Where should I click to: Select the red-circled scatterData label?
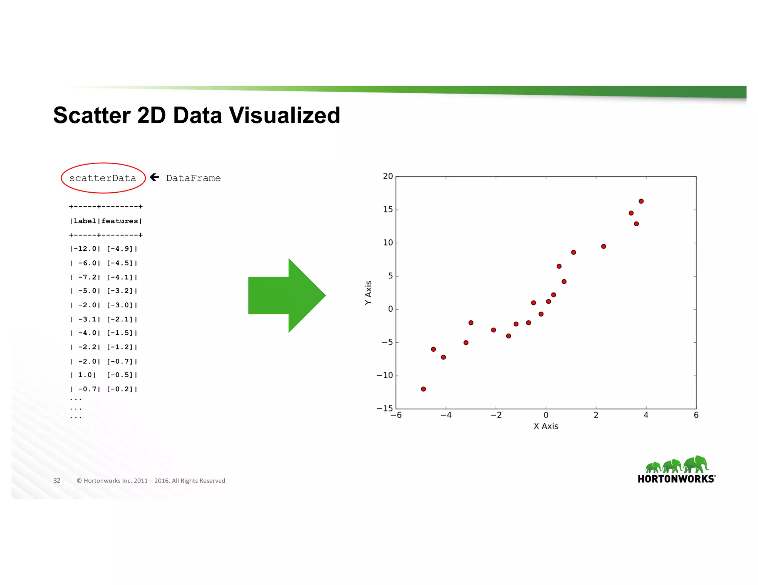(x=103, y=178)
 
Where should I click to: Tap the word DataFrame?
(x=193, y=178)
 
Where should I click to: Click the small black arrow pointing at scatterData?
(x=155, y=177)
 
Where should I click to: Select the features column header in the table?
(x=120, y=221)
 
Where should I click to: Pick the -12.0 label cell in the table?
(x=85, y=249)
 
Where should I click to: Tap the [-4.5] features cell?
(x=120, y=263)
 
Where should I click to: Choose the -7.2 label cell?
(x=87, y=277)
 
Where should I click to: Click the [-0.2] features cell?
(x=120, y=389)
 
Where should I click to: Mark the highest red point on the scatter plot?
(x=641, y=201)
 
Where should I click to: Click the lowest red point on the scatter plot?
(x=423, y=389)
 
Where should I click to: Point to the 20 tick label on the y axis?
(x=388, y=176)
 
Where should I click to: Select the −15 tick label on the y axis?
(x=385, y=408)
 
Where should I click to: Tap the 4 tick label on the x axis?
(x=646, y=415)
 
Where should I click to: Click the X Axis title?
(x=546, y=426)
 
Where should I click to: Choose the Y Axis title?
(x=368, y=292)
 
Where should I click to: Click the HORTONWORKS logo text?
(x=676, y=479)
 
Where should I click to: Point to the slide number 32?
(x=57, y=481)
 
